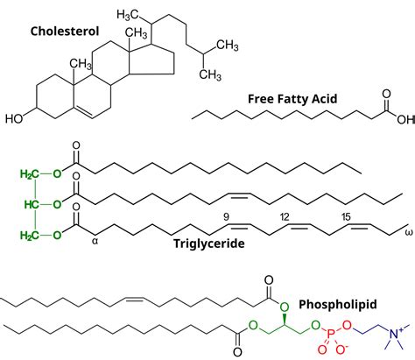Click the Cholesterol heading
coord(65,32)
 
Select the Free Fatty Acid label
coord(292,99)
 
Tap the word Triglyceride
coord(209,244)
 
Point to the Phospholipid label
coord(338,305)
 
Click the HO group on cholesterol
coord(14,118)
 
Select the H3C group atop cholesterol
coord(127,15)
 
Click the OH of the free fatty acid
coord(405,119)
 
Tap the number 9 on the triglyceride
coord(226,217)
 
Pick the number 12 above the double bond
coord(285,217)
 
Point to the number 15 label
coord(346,217)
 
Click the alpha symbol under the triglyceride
coord(95,241)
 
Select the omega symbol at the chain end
coord(409,233)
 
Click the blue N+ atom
coord(396,333)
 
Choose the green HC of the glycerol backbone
coord(32,204)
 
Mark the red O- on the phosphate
coord(341,349)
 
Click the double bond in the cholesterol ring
coord(83,112)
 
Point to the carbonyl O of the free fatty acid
coord(386,94)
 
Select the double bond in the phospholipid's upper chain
coord(134,300)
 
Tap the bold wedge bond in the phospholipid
coord(284,319)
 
